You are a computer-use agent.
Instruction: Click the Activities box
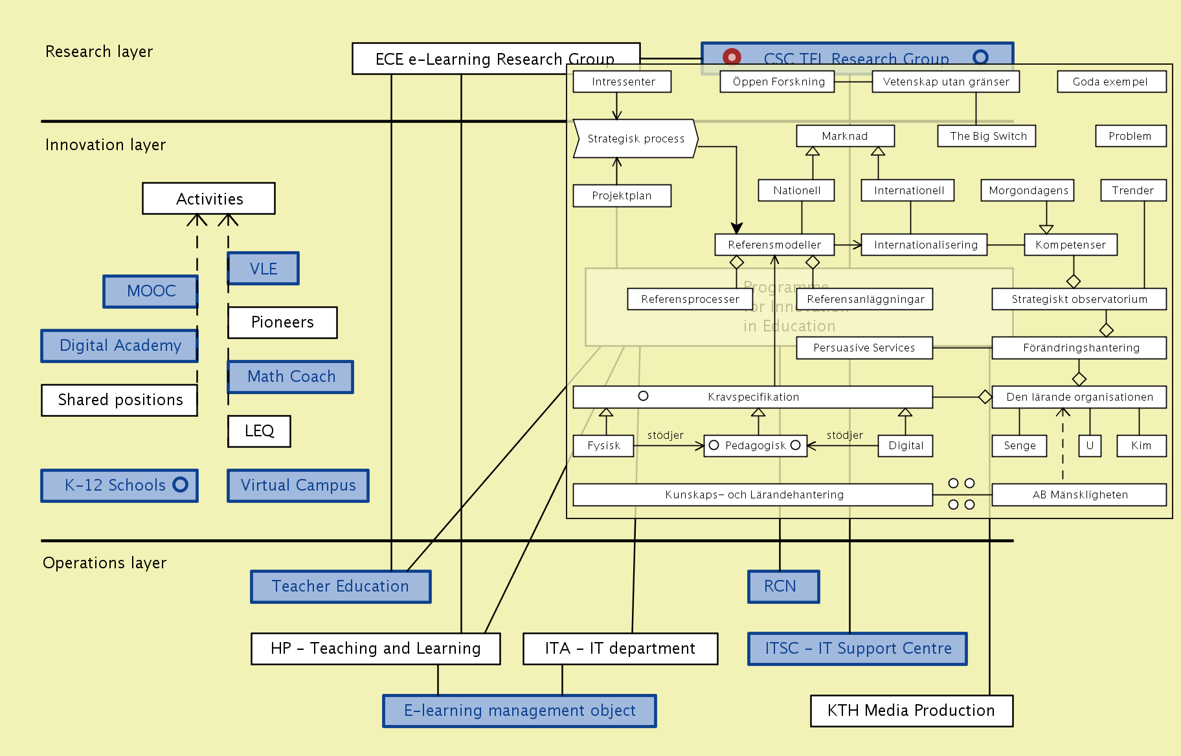[x=208, y=199]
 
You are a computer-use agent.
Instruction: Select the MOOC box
[x=150, y=291]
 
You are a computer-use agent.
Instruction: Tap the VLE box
[x=263, y=269]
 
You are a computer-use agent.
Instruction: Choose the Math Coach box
[x=291, y=377]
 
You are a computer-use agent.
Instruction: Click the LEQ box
[x=259, y=431]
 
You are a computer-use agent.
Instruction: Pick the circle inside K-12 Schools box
[x=181, y=484]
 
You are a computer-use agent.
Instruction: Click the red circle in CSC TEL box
[x=732, y=57]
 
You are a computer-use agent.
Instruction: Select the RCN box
[x=783, y=586]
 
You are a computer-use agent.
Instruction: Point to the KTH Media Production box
[x=911, y=711]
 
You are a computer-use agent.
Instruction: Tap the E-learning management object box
[x=519, y=711]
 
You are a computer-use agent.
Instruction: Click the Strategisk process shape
[x=635, y=139]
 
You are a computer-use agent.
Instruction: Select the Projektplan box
[x=622, y=195]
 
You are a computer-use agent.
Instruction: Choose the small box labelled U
[x=1090, y=445]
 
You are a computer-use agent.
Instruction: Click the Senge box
[x=1019, y=445]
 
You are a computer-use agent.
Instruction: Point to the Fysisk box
[x=603, y=445]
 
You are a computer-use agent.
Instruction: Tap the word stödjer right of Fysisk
[x=666, y=435]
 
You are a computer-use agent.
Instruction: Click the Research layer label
[x=99, y=52]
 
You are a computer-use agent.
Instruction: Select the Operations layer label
[x=104, y=563]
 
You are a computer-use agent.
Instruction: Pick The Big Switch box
[x=987, y=136]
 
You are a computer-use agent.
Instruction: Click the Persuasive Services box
[x=864, y=348]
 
